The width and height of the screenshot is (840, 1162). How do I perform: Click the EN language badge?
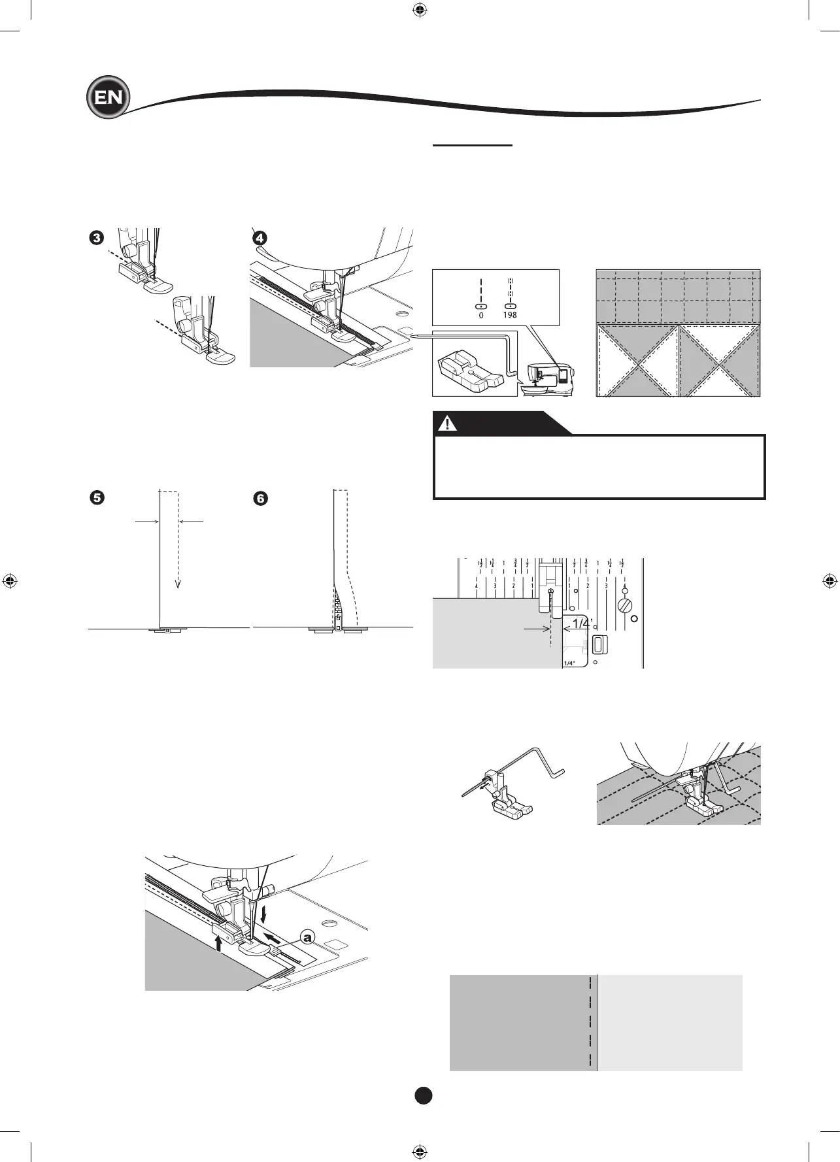coord(108,98)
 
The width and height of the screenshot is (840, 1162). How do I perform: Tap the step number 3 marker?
coord(97,238)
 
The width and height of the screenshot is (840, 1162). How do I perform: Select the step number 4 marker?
coord(260,238)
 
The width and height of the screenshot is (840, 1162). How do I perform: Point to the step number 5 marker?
coord(97,498)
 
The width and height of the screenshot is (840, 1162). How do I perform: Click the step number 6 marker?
coord(260,499)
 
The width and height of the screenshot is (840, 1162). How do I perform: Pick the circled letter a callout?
coord(307,936)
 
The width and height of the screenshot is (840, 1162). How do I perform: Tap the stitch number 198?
coord(510,315)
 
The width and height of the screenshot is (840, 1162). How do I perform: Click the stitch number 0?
coord(481,315)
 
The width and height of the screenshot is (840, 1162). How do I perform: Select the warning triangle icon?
coord(447,423)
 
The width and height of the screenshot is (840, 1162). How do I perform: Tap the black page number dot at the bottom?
coord(424,1096)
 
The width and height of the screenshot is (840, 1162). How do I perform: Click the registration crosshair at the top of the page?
coord(420,10)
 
